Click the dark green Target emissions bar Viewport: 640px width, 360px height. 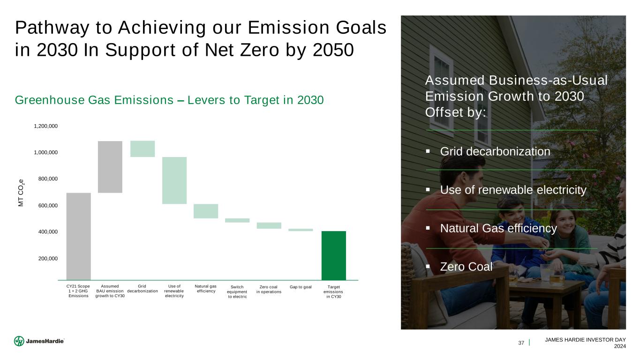pos(334,255)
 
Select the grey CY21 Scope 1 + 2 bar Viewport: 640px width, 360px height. pos(79,236)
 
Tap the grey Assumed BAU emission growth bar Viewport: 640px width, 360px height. pos(110,167)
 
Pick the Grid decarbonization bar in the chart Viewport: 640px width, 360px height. pos(143,149)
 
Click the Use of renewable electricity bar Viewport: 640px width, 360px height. pos(174,180)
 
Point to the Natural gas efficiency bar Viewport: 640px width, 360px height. pos(206,211)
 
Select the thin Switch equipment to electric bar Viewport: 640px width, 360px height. pos(237,220)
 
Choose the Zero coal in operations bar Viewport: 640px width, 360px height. pos(269,225)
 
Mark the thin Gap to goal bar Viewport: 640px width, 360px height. pos(301,230)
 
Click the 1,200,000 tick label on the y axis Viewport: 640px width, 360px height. pos(46,126)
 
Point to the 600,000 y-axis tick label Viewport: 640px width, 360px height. pos(48,205)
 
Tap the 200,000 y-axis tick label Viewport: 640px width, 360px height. pos(48,259)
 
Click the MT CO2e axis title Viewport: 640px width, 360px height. pos(21,193)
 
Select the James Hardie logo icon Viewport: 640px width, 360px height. pos(19,341)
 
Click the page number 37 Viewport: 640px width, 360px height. pos(521,343)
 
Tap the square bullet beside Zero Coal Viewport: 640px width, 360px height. pos(428,267)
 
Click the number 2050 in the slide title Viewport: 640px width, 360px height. pos(333,50)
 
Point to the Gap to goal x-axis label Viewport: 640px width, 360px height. pos(301,287)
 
